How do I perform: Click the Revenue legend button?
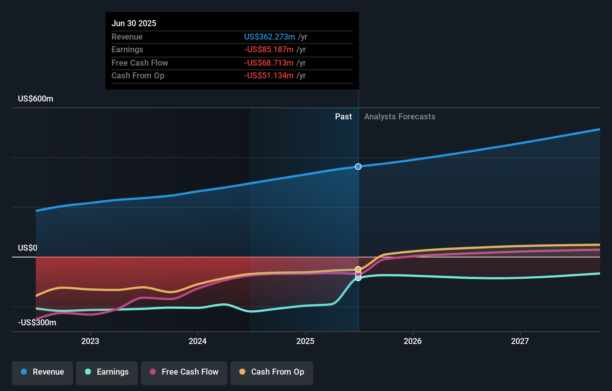click(x=42, y=372)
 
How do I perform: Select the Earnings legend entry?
click(x=107, y=372)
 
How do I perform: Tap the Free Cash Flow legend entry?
click(x=184, y=372)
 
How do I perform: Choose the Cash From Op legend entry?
click(x=272, y=372)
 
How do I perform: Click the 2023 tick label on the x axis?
click(x=90, y=341)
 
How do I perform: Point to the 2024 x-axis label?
click(x=198, y=341)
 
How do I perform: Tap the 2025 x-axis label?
click(x=305, y=341)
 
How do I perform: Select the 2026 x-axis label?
click(x=413, y=341)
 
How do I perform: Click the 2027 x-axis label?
click(x=520, y=341)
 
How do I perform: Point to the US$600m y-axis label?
click(x=35, y=99)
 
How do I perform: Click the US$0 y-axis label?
click(x=28, y=248)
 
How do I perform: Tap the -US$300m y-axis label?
click(x=37, y=323)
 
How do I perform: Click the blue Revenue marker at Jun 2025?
click(x=358, y=167)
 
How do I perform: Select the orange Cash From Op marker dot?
click(x=358, y=269)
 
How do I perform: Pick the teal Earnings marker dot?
click(x=358, y=278)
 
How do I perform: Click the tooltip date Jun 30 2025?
click(x=134, y=24)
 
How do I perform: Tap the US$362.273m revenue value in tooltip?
click(x=269, y=37)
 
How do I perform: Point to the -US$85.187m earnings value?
click(x=269, y=50)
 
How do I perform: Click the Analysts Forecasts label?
click(x=400, y=117)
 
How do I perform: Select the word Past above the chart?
click(x=343, y=117)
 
